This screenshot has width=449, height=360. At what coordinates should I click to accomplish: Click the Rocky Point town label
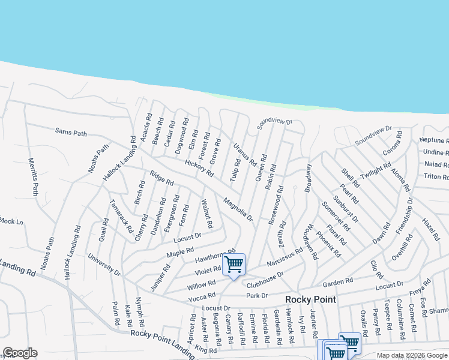[x=310, y=299]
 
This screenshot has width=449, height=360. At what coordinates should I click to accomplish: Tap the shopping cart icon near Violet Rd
[x=234, y=264]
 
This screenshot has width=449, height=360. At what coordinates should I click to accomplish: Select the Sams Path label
[x=71, y=131]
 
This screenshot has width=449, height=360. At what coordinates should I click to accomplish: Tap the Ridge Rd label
[x=161, y=178]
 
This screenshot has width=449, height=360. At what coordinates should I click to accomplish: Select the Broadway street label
[x=309, y=178]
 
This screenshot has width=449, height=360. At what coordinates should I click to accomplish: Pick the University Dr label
[x=104, y=265]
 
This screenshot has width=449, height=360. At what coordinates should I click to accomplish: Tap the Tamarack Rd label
[x=121, y=217]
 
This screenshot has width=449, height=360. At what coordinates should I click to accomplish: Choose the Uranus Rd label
[x=245, y=154]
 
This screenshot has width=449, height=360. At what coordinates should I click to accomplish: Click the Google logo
[x=20, y=353]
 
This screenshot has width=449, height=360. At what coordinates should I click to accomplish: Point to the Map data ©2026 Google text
[x=412, y=355]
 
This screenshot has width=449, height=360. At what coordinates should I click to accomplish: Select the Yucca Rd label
[x=202, y=296]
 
